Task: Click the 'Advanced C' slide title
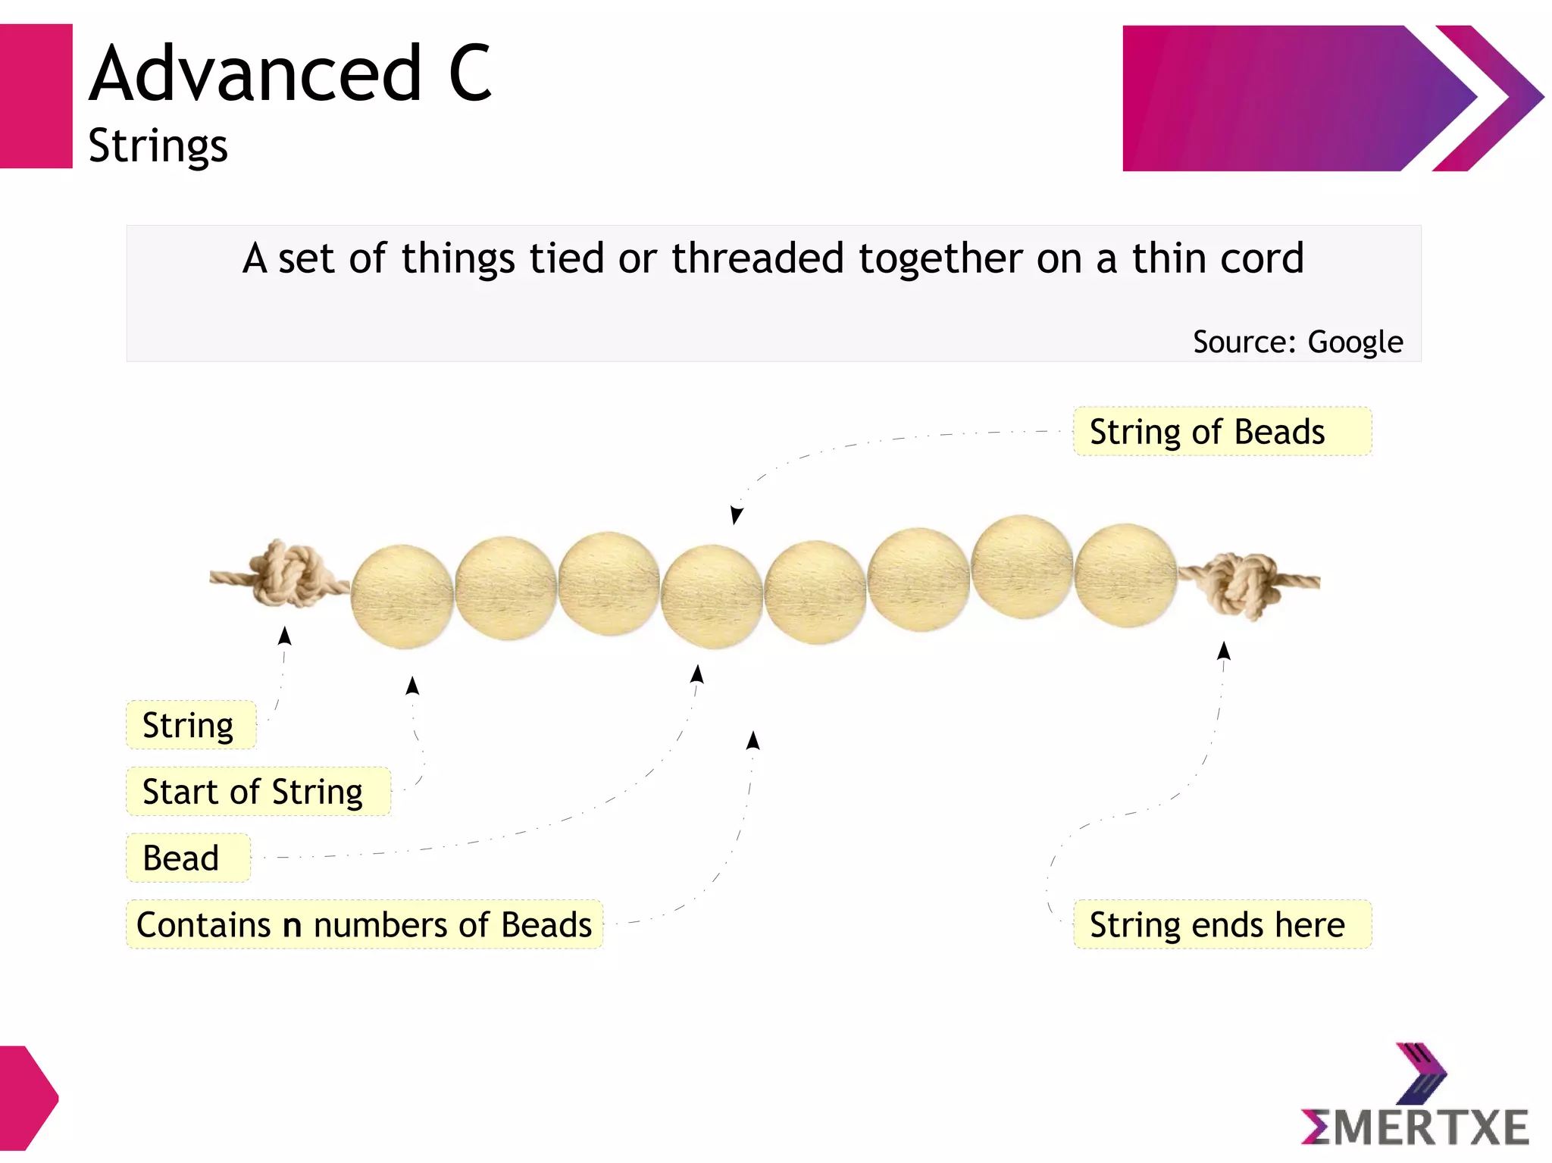tap(291, 73)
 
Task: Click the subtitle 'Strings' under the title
tap(158, 145)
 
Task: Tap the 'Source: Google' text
tap(1297, 342)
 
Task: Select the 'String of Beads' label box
tap(1222, 432)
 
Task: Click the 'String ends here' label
tap(1222, 924)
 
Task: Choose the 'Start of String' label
tap(258, 792)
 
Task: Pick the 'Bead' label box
tap(187, 858)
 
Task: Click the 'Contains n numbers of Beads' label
tap(364, 924)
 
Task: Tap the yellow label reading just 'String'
tap(190, 725)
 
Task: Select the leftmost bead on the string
tap(402, 596)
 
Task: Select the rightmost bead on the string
tap(1125, 575)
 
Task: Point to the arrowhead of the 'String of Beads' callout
tap(735, 516)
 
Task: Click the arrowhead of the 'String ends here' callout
tap(1224, 651)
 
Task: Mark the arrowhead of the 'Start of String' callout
tap(412, 686)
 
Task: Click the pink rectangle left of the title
tap(36, 96)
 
